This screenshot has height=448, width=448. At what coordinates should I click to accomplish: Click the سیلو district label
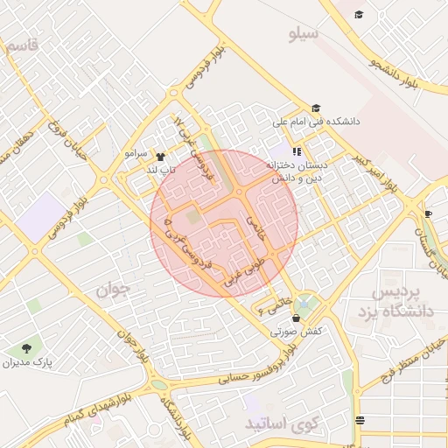point(305,34)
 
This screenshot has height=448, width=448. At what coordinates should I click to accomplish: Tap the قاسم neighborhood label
point(23,47)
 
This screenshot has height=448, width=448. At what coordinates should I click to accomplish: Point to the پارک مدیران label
point(27,361)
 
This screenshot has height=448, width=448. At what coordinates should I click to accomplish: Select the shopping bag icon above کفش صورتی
point(299,318)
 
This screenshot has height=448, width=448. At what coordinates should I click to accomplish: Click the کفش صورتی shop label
point(300,332)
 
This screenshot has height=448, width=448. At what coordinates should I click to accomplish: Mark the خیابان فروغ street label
point(69,143)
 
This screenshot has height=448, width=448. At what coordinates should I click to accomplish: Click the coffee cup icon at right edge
point(428,213)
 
